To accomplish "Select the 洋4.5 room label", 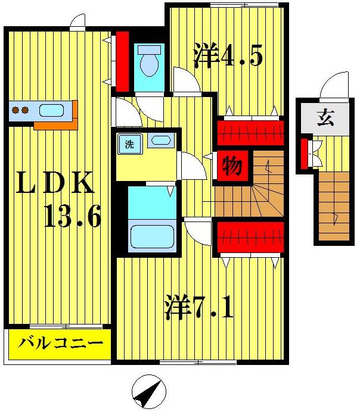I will click(228, 55).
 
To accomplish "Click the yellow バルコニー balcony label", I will click(60, 344).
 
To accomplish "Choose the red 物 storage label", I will click(232, 166).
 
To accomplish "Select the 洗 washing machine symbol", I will click(129, 143).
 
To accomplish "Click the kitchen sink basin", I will click(52, 110).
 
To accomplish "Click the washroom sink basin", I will click(160, 141).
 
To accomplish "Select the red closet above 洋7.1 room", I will click(249, 236).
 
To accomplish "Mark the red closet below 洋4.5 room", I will click(249, 132).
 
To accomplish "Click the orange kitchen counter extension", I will click(56, 125).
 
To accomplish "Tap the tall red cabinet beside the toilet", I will click(122, 58).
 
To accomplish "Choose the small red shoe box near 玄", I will click(304, 152).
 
